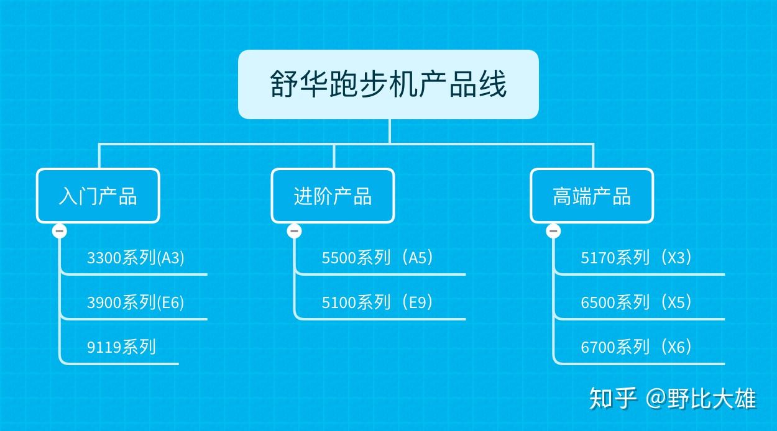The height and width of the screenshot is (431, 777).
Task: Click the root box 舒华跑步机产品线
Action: click(388, 84)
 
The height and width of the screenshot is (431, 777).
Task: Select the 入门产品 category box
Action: click(98, 196)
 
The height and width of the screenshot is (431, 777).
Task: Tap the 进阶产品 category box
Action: click(333, 196)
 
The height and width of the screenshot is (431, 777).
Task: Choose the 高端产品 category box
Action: click(591, 196)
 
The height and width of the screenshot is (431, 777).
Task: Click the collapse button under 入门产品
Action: click(60, 231)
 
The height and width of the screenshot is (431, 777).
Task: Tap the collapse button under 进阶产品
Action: click(295, 231)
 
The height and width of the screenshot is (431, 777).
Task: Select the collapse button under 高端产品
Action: click(553, 231)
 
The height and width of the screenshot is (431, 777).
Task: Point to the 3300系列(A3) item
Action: click(136, 258)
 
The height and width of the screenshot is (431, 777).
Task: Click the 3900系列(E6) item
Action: click(136, 302)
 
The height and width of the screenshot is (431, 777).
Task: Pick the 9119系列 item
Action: click(121, 347)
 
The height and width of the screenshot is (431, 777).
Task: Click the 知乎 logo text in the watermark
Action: click(613, 398)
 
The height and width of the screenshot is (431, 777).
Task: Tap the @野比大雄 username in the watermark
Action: click(701, 398)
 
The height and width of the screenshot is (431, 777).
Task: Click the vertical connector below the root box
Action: click(390, 131)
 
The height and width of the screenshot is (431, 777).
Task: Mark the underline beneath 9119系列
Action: click(124, 363)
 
